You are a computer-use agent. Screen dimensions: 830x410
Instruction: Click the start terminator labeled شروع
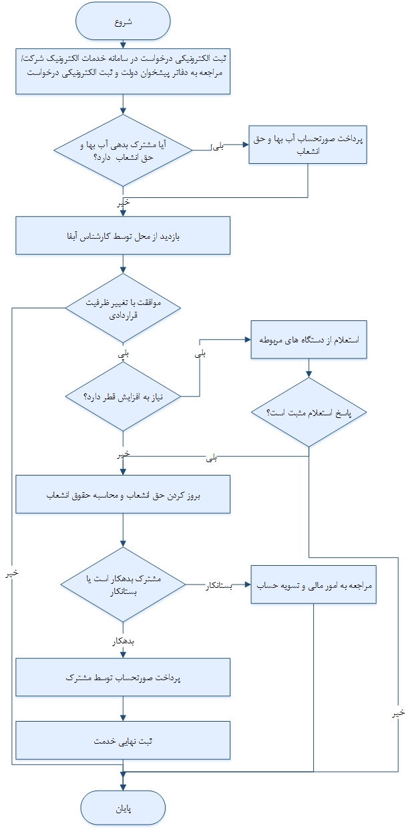coord(124,21)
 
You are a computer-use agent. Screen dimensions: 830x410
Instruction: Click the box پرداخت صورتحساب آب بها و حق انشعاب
coord(308,144)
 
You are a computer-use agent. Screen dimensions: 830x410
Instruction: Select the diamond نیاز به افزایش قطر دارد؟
coord(124,396)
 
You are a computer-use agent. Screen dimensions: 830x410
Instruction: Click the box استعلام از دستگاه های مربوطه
coord(308,340)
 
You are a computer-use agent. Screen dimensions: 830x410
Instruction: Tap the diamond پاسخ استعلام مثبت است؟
coord(308,413)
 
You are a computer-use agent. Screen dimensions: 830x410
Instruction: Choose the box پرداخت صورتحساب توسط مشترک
coord(124,677)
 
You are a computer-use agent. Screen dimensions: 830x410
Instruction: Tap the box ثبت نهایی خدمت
coord(124,740)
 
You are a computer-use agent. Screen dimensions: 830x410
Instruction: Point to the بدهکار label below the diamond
coord(122,641)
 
